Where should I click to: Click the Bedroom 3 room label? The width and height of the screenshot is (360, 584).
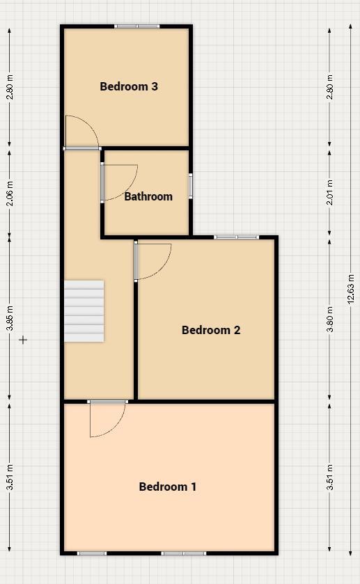pyautogui.click(x=129, y=86)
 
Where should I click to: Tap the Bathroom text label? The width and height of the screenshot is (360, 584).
pyautogui.click(x=148, y=196)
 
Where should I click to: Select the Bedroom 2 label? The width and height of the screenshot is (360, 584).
pyautogui.click(x=211, y=330)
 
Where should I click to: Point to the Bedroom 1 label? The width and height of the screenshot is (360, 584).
pyautogui.click(x=168, y=487)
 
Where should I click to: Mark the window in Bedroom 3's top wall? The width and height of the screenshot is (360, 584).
pyautogui.click(x=137, y=26)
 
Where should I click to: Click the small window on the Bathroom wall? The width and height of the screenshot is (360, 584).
pyautogui.click(x=190, y=186)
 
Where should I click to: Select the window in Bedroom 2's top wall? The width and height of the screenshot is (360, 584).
pyautogui.click(x=236, y=237)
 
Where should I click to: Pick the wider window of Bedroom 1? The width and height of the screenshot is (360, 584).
pyautogui.click(x=183, y=553)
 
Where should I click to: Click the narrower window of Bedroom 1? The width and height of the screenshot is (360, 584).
pyautogui.click(x=91, y=553)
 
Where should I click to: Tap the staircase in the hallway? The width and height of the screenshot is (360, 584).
pyautogui.click(x=84, y=310)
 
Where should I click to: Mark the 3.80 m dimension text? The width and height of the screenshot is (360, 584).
pyautogui.click(x=330, y=319)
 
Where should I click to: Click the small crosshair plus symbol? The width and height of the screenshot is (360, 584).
pyautogui.click(x=23, y=340)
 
